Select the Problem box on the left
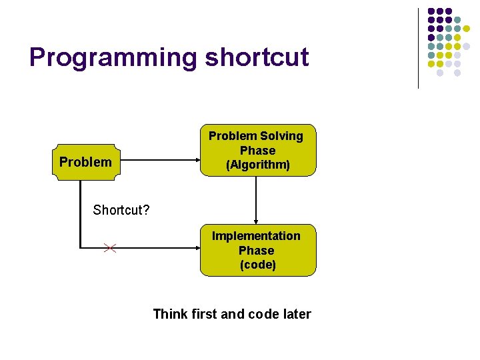pos(85,161)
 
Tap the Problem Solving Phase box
pos(257,150)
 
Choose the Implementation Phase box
pos(257,250)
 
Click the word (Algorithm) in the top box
pos(257,165)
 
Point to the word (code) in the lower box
pos(257,265)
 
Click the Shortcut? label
pos(121,210)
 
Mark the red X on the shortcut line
pos(110,249)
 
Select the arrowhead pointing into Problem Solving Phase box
pos(197,161)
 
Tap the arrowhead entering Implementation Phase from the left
pos(197,249)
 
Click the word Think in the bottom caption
pos(169,314)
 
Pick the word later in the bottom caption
pos(296,314)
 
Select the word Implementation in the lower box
pos(257,236)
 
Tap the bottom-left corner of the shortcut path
pos(81,248)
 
